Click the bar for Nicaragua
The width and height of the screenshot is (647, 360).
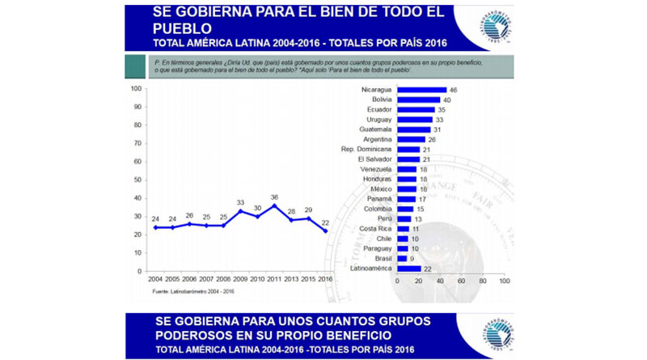coord(421,90)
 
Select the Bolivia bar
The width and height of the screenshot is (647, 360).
coord(418,100)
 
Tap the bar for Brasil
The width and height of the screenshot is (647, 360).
coord(402,258)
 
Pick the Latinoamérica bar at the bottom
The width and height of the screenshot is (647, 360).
coord(408,269)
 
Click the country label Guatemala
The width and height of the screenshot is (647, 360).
coord(375,129)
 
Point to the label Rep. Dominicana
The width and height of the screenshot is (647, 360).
coord(366,149)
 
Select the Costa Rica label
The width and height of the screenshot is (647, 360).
coord(374,228)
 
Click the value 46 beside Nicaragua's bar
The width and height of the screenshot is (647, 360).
coord(454,90)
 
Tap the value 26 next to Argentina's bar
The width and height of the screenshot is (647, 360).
coord(432,139)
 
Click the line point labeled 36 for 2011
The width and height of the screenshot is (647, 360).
coord(274,205)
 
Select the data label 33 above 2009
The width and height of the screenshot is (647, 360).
coord(240,202)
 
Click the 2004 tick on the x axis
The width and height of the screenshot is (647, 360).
coord(154,279)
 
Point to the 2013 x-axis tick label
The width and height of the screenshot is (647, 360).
coord(292,279)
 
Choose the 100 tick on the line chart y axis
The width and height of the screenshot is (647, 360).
coord(137,88)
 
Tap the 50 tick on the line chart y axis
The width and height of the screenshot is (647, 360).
coord(138,180)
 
